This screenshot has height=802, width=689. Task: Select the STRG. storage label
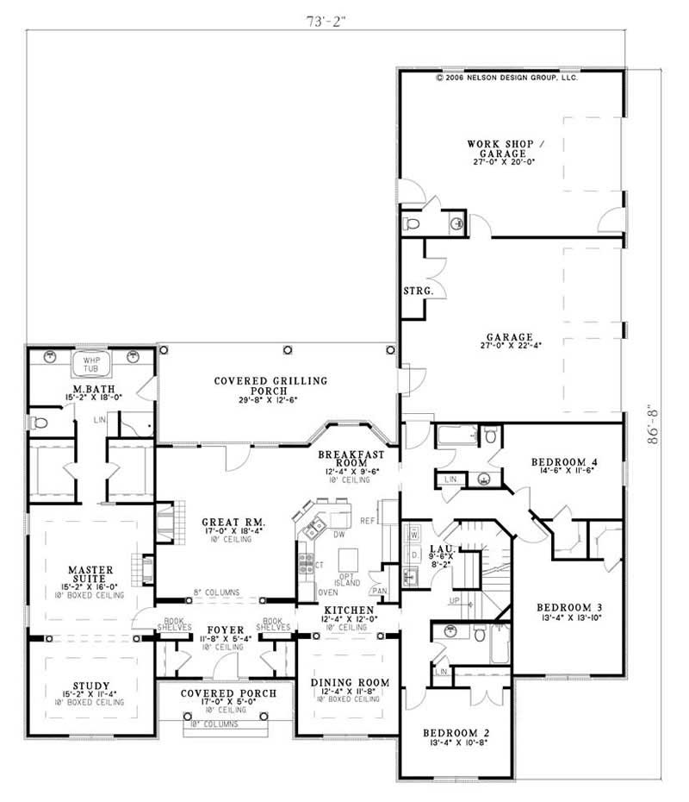(417, 291)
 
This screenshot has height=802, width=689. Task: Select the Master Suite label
(86, 575)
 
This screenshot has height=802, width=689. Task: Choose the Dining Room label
(350, 683)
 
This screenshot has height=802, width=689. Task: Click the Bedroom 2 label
(456, 734)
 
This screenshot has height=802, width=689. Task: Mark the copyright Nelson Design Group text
(506, 77)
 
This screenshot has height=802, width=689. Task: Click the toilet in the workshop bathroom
(411, 223)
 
